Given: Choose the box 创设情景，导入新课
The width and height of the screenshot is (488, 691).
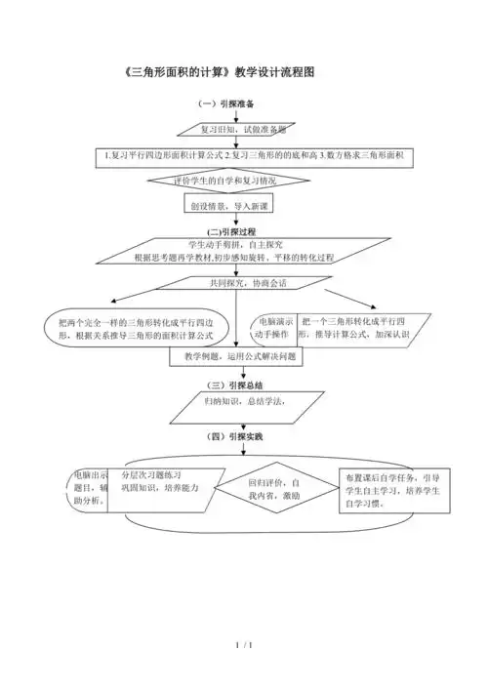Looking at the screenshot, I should point(231,207).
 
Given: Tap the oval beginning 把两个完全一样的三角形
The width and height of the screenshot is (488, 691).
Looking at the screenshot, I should point(137,328).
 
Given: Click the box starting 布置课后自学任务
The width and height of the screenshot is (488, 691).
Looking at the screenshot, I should point(388,493).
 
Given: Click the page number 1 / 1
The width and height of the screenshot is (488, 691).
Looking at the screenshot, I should point(245,646).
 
